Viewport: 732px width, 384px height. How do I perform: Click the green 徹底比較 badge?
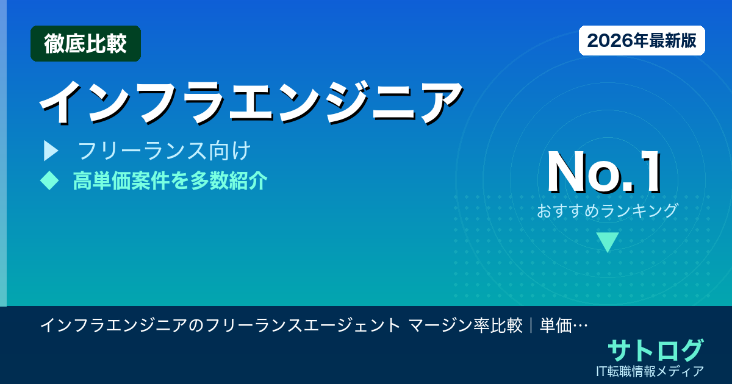(x=85, y=43)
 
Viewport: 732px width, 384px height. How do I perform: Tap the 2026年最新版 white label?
(x=642, y=41)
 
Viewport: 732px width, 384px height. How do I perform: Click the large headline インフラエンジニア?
(x=250, y=101)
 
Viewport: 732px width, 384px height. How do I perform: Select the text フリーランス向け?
(x=165, y=150)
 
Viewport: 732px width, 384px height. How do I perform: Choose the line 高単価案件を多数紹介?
(x=170, y=180)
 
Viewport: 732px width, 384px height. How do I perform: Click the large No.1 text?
(x=604, y=173)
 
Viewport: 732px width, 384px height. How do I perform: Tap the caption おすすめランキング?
(x=608, y=211)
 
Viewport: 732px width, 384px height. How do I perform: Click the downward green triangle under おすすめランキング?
(x=608, y=241)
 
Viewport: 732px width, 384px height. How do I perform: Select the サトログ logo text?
(x=655, y=350)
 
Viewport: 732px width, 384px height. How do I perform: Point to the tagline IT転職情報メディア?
(x=650, y=371)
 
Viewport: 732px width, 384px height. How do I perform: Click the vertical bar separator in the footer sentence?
(x=531, y=325)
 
